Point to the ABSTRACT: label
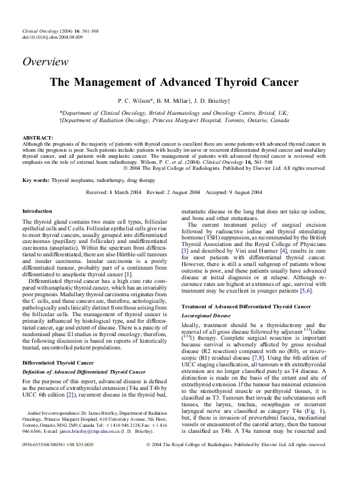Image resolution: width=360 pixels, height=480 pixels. [38, 138]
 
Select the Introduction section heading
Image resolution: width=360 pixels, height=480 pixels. [37, 210]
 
